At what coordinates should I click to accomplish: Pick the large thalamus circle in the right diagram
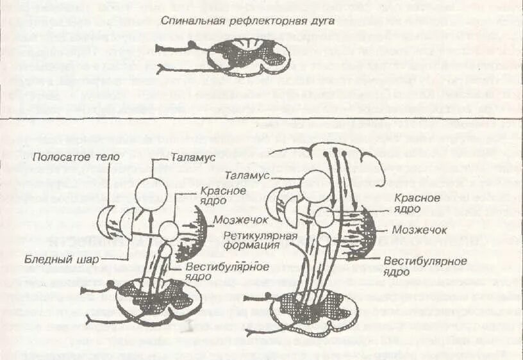pos(314,184)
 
